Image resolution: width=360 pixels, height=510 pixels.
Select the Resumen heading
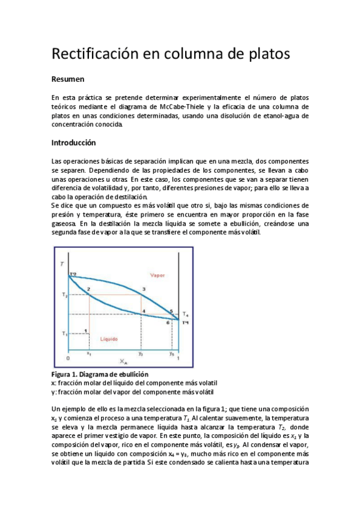[x=68, y=79]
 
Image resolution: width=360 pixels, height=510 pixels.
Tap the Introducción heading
[x=74, y=143]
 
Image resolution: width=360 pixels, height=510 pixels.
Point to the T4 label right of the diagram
[x=186, y=315]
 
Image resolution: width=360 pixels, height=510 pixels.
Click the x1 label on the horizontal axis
[x=89, y=355]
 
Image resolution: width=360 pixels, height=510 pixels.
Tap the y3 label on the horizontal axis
[x=141, y=355]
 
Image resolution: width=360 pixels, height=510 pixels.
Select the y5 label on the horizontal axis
[x=171, y=355]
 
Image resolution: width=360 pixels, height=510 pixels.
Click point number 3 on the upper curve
[x=143, y=289]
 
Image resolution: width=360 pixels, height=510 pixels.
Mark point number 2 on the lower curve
[x=88, y=290]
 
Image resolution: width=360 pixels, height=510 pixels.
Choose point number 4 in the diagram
[x=143, y=311]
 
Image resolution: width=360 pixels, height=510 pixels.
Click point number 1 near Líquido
[x=87, y=330]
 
